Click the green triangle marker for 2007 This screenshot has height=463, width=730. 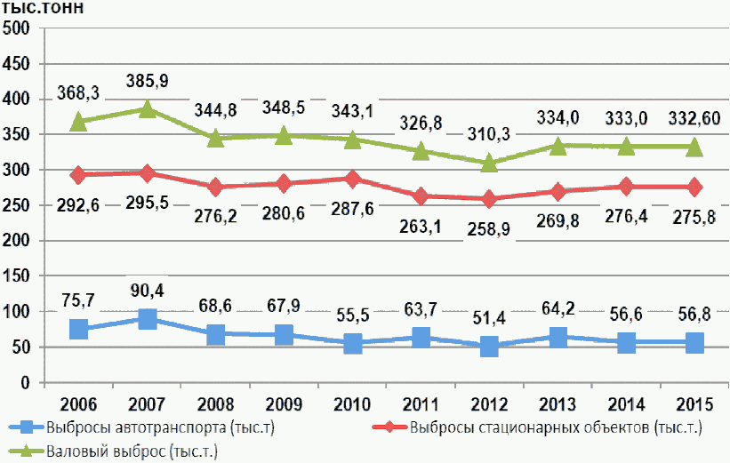[147, 109]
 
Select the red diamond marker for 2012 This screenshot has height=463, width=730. [489, 199]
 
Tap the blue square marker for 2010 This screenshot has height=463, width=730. [352, 343]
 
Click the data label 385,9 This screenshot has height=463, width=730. [147, 81]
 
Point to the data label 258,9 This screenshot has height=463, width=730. [489, 229]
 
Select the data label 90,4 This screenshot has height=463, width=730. [147, 291]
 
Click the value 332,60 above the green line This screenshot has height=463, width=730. [694, 118]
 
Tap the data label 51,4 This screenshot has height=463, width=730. [489, 318]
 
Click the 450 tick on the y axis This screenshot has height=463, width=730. [16, 64]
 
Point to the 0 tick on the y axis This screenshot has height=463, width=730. [25, 382]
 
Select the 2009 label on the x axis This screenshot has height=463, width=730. [284, 404]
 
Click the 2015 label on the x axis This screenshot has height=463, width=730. [694, 404]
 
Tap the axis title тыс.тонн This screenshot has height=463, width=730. [43, 8]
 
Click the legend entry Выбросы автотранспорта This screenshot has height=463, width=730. [141, 427]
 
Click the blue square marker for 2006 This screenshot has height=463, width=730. [78, 329]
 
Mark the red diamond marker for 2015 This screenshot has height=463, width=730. [694, 187]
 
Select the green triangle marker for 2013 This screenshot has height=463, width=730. [558, 146]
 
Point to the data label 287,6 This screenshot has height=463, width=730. [352, 209]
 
